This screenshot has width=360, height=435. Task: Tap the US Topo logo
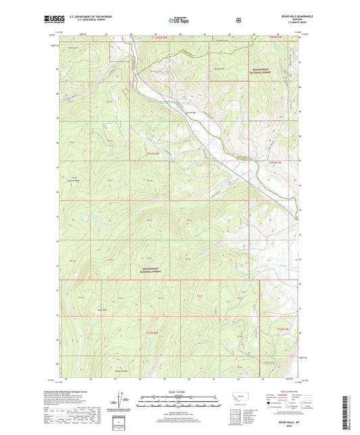pyautogui.click(x=178, y=20)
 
